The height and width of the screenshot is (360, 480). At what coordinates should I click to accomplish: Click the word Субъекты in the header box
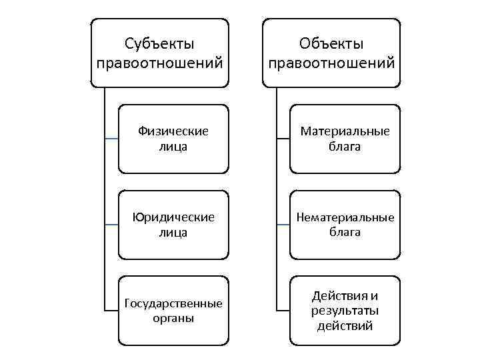[159, 44]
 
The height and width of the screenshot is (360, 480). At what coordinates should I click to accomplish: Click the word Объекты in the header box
[331, 44]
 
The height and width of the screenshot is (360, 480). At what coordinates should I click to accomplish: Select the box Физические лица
[173, 139]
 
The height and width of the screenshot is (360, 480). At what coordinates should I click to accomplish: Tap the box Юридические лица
[173, 225]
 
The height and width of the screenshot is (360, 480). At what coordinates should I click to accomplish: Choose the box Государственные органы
[173, 311]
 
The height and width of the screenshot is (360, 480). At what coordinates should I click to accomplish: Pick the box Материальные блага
[345, 139]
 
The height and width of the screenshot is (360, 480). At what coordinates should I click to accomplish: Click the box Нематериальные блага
[345, 225]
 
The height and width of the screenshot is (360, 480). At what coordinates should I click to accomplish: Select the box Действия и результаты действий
[345, 311]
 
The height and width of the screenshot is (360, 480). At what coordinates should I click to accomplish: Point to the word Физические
[173, 131]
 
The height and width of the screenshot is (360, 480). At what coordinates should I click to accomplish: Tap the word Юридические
[173, 217]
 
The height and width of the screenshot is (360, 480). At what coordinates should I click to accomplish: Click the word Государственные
[173, 304]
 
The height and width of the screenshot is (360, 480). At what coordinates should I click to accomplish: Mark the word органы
[173, 318]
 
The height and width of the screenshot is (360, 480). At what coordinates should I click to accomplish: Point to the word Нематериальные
[345, 217]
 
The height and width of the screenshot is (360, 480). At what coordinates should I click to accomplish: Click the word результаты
[345, 311]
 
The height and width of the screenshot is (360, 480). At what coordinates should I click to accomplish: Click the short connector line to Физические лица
[111, 139]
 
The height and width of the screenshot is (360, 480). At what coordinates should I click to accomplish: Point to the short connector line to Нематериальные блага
[283, 225]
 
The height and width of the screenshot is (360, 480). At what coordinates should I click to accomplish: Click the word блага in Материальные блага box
[345, 146]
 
